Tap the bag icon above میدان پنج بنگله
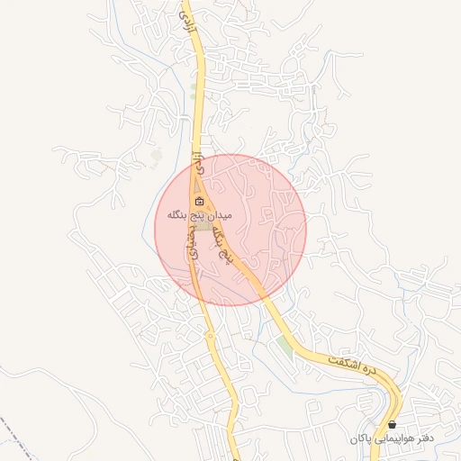(x=199, y=201)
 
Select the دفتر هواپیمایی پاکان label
(x=393, y=439)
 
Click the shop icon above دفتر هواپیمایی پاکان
(x=393, y=425)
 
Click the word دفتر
(x=423, y=439)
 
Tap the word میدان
(x=221, y=216)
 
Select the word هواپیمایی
(x=394, y=439)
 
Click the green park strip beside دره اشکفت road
(x=285, y=346)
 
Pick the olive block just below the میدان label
(x=204, y=227)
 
